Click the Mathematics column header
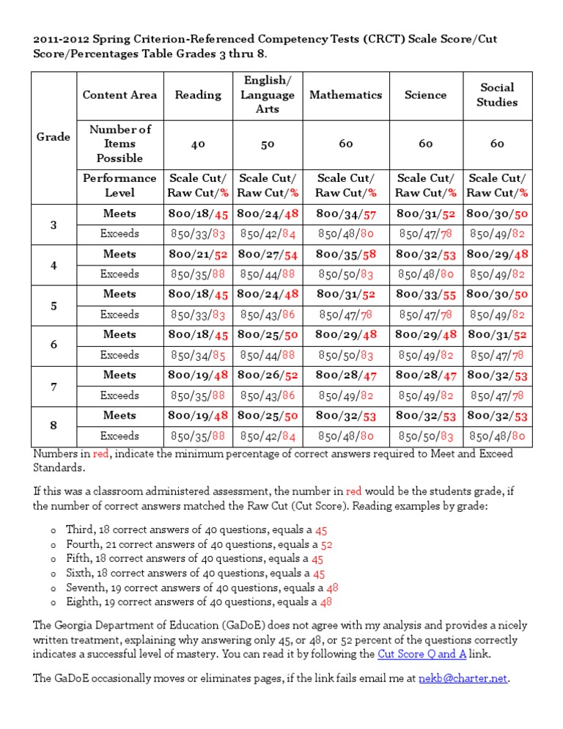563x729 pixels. [345, 95]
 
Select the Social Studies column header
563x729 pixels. [497, 95]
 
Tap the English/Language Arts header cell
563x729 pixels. [268, 95]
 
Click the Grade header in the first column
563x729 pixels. [54, 136]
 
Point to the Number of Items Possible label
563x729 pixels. [119, 144]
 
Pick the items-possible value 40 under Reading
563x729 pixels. [198, 144]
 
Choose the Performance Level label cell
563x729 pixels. [119, 185]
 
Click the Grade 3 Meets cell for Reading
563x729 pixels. [198, 214]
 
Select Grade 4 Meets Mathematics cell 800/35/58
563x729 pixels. [345, 254]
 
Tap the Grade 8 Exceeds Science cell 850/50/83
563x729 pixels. [425, 435]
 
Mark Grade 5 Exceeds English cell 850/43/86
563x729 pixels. [268, 315]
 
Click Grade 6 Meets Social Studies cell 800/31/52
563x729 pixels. [497, 334]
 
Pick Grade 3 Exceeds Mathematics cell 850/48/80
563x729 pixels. [345, 234]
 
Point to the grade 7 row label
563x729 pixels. [54, 385]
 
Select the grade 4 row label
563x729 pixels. [54, 265]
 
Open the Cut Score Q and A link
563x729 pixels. [422, 653]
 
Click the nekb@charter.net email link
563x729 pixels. [463, 679]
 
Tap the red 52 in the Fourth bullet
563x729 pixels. [327, 545]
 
